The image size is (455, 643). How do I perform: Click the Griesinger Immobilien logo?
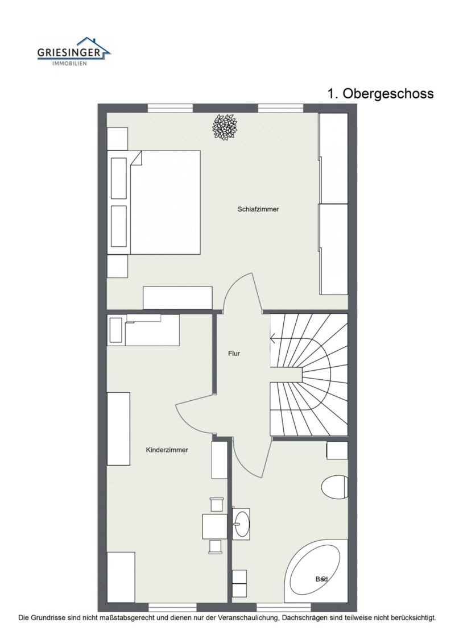[x=74, y=51]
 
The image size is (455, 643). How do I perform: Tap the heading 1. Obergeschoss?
[x=380, y=93]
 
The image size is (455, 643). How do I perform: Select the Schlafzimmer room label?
[x=258, y=209]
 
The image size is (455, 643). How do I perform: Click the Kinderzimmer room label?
[x=167, y=450]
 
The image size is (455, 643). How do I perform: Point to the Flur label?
[x=234, y=354]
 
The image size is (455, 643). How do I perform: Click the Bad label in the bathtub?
[x=322, y=579]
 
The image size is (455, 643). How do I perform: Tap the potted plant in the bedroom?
[x=225, y=127]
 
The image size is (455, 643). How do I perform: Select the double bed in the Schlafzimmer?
[x=154, y=202]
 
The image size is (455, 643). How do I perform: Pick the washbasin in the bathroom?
[x=241, y=524]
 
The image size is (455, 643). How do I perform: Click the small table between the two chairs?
[x=214, y=526]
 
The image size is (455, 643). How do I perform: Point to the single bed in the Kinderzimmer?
[x=143, y=330]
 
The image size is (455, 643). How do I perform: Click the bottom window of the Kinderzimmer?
[x=172, y=607]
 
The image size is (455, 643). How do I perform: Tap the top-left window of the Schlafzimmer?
[x=170, y=108]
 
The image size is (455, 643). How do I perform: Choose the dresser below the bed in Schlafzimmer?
[x=177, y=298]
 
